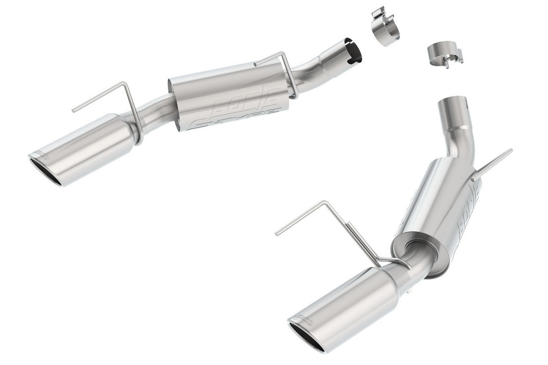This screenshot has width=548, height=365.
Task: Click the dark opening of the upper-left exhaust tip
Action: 45,172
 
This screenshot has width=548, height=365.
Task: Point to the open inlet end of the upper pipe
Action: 353,51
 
